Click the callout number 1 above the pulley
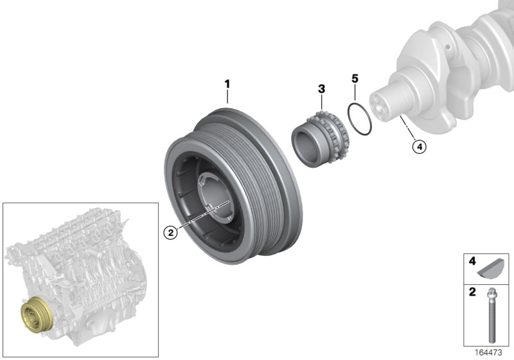pos(226,84)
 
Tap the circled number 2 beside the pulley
pos(170,233)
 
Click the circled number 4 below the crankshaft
pos(419,147)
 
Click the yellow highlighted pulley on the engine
pos(32,317)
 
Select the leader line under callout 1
pos(227,97)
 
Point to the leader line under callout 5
pos(354,94)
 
